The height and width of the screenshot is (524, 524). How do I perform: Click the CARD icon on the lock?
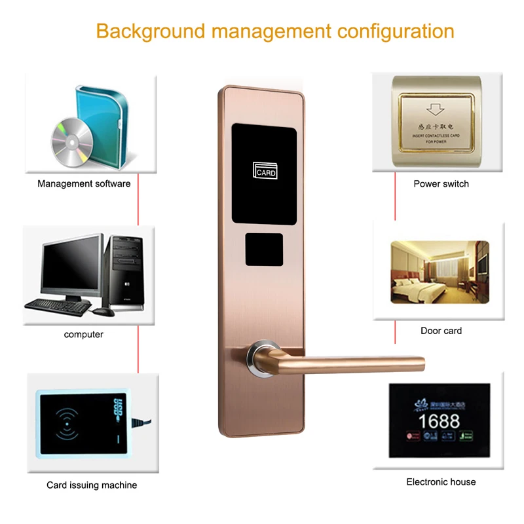pos(265,171)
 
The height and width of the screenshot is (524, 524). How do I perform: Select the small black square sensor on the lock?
pos(264,250)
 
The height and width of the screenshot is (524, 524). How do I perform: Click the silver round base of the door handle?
pos(261,358)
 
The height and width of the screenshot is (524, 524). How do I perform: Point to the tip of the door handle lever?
pos(420,362)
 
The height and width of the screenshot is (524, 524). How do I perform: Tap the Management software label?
pos(84,184)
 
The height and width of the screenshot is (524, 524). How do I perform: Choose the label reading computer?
pos(84,335)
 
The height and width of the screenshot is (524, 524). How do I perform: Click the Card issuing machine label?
pos(92,485)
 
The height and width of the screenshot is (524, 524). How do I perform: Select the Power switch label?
pos(441,184)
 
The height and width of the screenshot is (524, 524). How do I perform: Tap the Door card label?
pos(441,331)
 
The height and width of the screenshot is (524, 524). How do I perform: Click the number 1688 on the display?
pos(439,420)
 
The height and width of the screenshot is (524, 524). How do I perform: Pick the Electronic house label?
pos(441,482)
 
